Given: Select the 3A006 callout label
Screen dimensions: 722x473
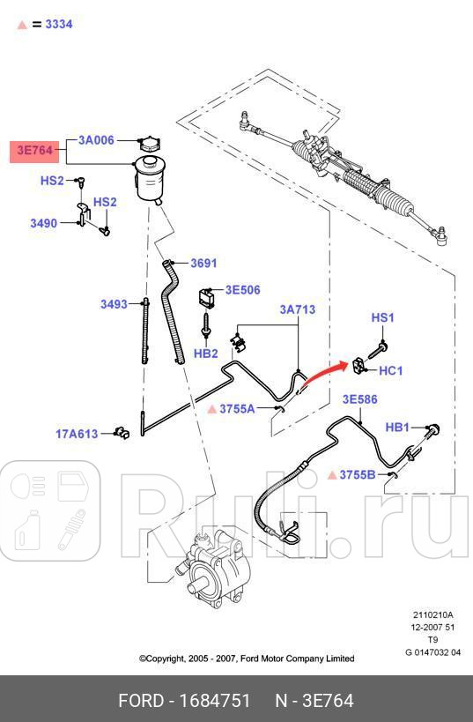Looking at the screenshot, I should tap(96, 140).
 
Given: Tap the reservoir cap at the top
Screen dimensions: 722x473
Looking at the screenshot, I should tap(146, 145).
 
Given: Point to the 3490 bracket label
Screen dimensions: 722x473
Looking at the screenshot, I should tap(43, 223).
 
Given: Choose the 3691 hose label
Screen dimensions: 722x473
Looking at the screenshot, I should tap(203, 263).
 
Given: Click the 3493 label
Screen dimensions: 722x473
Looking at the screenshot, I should tap(114, 305).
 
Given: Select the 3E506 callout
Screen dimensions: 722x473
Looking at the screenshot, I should tap(242, 289).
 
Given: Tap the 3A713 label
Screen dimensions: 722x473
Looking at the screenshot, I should tap(298, 310).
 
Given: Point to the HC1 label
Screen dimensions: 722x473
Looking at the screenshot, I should tap(390, 371).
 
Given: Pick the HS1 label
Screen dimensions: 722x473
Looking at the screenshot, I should tap(383, 317).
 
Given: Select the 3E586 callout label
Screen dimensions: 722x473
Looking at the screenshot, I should tap(359, 399).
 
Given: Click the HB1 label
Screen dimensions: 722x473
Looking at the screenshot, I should tap(398, 428).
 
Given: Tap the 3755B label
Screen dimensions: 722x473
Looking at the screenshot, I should tap(358, 475).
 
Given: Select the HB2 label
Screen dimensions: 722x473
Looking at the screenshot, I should tap(205, 354).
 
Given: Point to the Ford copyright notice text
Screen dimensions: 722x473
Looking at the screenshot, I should tap(247, 659).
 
